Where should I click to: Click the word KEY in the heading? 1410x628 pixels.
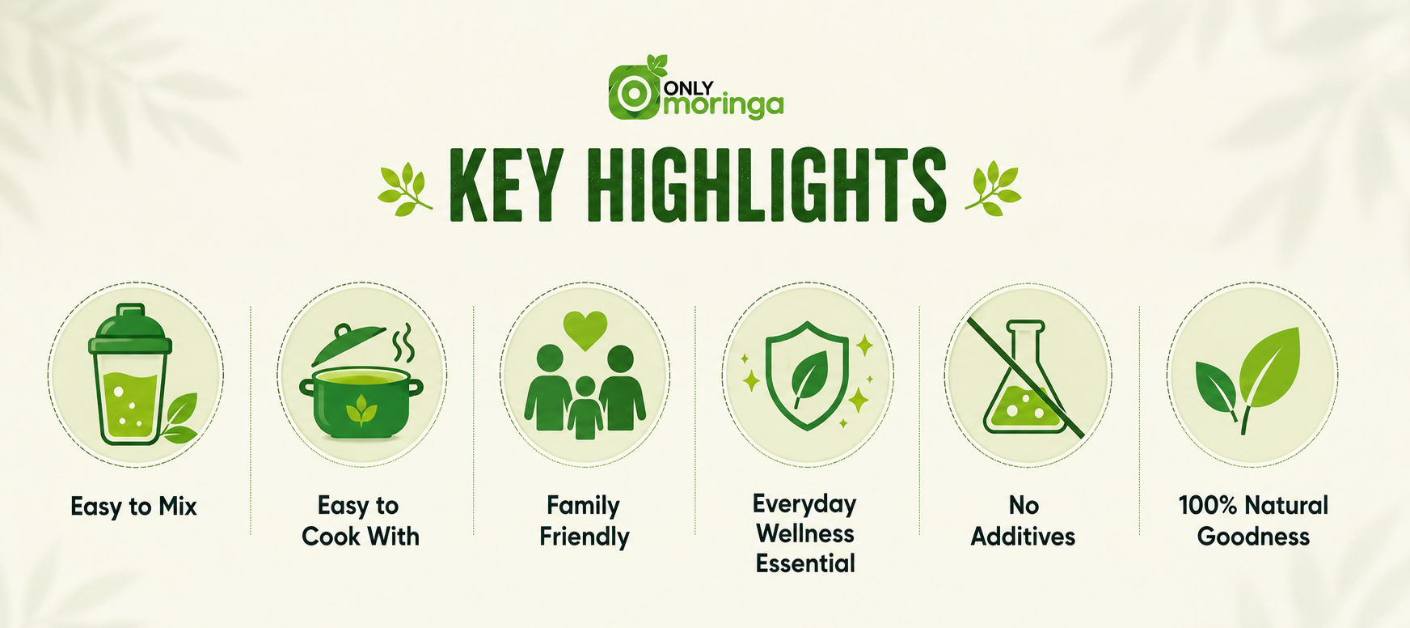[504, 185]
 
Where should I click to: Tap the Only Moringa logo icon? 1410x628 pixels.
[635, 91]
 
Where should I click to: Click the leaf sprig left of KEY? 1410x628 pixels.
[404, 189]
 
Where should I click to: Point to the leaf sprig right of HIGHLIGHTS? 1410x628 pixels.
[994, 189]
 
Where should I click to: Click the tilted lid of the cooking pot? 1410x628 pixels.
[348, 344]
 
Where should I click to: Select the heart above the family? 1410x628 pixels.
[585, 329]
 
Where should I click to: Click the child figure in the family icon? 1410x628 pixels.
[585, 407]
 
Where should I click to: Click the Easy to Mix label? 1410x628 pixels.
[133, 507]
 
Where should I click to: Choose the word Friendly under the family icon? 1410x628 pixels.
[585, 537]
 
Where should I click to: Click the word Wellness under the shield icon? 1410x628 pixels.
[805, 534]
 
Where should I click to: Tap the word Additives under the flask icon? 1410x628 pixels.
[1024, 537]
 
